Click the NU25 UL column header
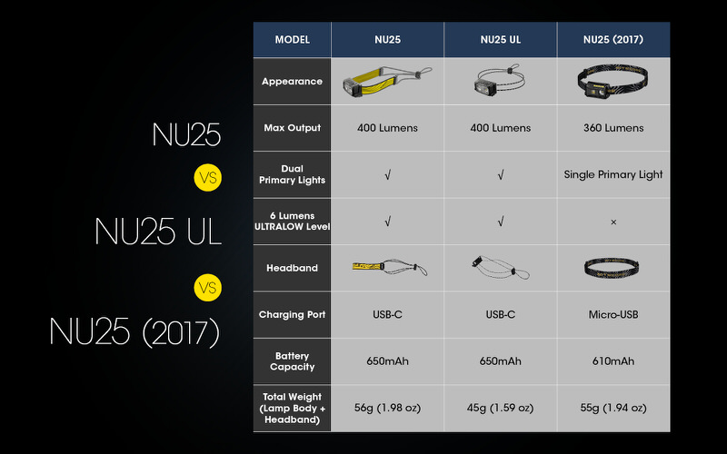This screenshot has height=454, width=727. click(x=500, y=40)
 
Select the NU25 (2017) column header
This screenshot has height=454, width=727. click(x=613, y=40)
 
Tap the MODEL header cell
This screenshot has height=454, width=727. click(x=292, y=40)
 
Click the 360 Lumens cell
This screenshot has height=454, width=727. click(x=613, y=128)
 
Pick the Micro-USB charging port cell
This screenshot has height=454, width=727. click(x=613, y=314)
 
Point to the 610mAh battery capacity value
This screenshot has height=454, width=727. click(x=613, y=361)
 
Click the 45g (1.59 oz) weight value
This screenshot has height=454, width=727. click(x=500, y=408)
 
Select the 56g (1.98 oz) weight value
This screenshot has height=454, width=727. click(x=387, y=408)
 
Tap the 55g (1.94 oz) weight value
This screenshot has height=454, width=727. click(x=613, y=408)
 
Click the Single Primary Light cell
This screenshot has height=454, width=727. click(x=613, y=174)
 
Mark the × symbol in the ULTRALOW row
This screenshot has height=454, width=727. click(x=613, y=222)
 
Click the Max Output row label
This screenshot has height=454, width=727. click(x=292, y=128)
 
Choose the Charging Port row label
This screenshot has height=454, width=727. click(x=292, y=314)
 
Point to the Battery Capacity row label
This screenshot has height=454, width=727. click(x=292, y=361)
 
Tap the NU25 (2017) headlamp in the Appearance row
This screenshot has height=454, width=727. click(x=613, y=82)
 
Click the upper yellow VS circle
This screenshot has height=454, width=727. click(x=207, y=178)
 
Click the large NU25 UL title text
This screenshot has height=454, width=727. click(x=158, y=232)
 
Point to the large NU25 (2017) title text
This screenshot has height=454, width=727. click(x=135, y=331)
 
